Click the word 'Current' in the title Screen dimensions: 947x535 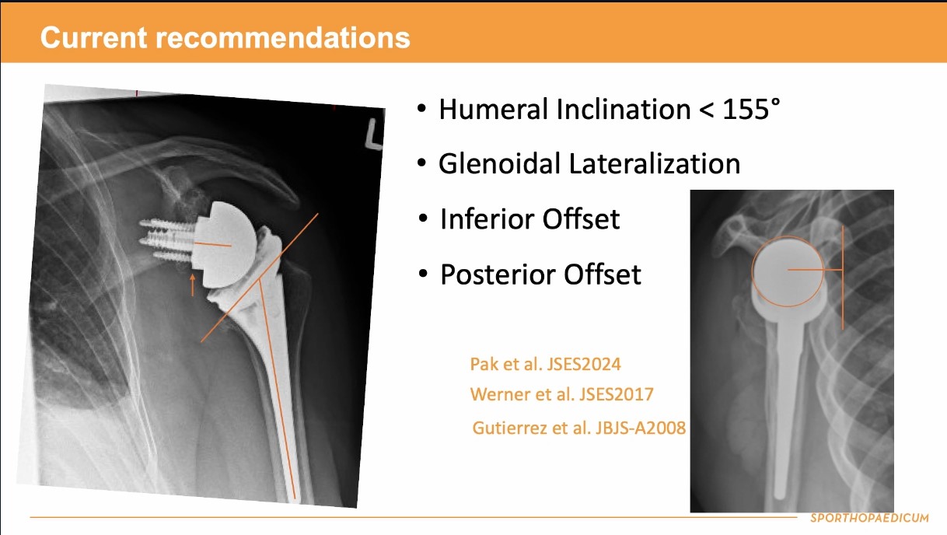pyautogui.click(x=94, y=37)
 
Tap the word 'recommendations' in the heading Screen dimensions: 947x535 pyautogui.click(x=283, y=37)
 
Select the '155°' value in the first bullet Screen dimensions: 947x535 pyautogui.click(x=751, y=109)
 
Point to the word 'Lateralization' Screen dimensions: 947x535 pyautogui.click(x=655, y=163)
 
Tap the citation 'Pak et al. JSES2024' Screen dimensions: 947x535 pyautogui.click(x=545, y=364)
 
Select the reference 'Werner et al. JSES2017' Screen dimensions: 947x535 pyautogui.click(x=562, y=394)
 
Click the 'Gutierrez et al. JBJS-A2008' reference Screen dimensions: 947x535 pyautogui.click(x=578, y=428)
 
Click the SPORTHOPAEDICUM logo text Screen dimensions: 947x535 pyautogui.click(x=869, y=518)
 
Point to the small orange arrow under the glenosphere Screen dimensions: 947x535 pyautogui.click(x=193, y=285)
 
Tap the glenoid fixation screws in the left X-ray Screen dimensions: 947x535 pyautogui.click(x=167, y=240)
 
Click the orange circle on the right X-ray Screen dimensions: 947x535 pyautogui.click(x=752, y=271)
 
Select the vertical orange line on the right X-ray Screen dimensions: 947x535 pyautogui.click(x=843, y=278)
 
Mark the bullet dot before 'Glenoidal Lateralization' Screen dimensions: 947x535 pyautogui.click(x=421, y=163)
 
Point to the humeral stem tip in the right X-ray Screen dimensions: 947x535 pyautogui.click(x=780, y=494)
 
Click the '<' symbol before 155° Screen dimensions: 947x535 pyautogui.click(x=706, y=110)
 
